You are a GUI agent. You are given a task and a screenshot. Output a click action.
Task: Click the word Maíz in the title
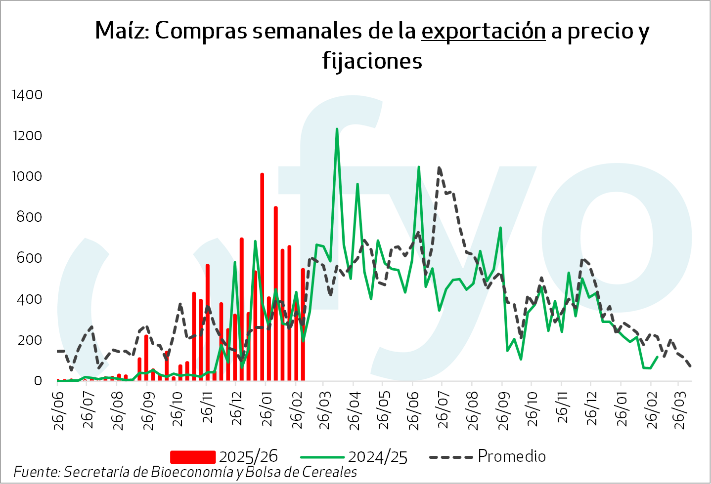tap(122, 31)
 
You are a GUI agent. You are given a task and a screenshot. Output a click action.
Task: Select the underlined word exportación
tap(483, 31)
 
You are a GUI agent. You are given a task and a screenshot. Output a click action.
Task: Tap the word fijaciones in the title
tap(372, 61)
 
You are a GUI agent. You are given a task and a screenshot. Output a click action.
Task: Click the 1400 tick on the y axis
tap(27, 95)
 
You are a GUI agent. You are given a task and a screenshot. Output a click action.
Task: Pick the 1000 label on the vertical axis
tap(27, 176)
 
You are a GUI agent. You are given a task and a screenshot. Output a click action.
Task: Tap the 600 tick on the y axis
tap(29, 258)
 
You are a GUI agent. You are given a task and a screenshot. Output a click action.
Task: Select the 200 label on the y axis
tap(29, 340)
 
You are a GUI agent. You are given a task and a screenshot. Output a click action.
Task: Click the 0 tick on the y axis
tap(38, 381)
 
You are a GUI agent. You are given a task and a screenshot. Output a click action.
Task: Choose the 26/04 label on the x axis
tap(354, 410)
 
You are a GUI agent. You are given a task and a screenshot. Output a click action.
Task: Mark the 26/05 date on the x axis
tap(384, 410)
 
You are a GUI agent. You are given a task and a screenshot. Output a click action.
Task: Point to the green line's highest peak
tap(337, 129)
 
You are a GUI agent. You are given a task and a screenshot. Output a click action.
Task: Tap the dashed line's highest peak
tap(439, 168)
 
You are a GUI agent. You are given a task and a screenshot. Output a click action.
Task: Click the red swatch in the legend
tap(192, 457)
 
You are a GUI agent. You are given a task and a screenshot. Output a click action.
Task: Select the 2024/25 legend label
tap(378, 457)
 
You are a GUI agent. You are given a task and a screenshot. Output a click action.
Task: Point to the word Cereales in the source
tap(329, 472)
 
